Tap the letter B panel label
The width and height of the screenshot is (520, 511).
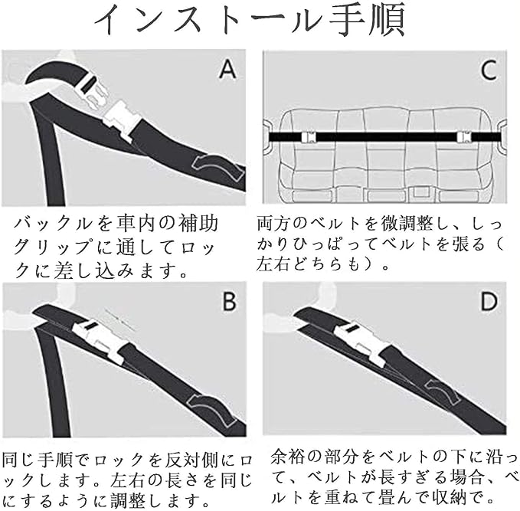tap(228, 302)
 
